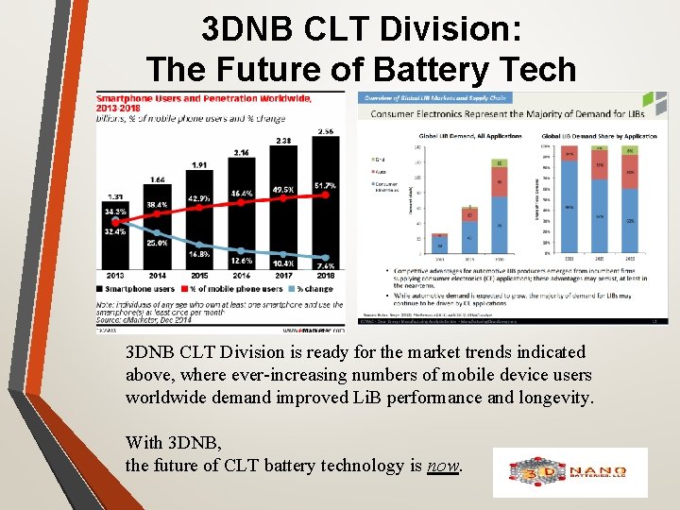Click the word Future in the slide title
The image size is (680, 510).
pyautogui.click(x=283, y=69)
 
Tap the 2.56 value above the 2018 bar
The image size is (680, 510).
pyautogui.click(x=326, y=131)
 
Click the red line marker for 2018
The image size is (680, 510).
pyautogui.click(x=326, y=195)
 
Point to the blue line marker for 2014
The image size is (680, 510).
pyautogui.click(x=157, y=232)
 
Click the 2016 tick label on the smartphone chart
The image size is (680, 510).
pyautogui.click(x=242, y=275)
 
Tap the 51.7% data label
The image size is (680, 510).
pyautogui.click(x=326, y=185)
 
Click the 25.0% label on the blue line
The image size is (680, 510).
pyautogui.click(x=158, y=243)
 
